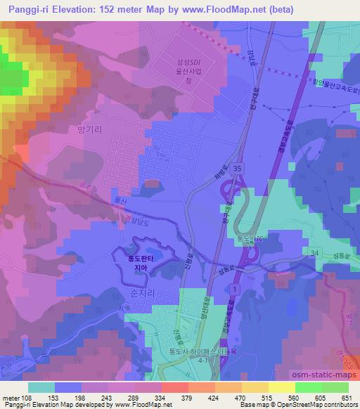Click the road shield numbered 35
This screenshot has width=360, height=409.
pyautogui.click(x=239, y=169)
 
